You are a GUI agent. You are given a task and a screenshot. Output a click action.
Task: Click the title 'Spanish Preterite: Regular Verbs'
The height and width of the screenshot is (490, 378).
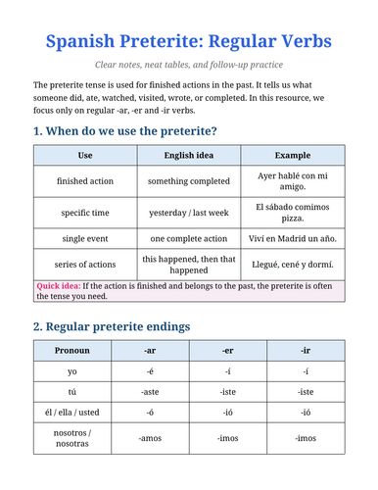tap(188, 42)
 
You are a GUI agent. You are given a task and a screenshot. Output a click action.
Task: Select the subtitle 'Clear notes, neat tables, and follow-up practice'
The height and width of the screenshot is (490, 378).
tap(188, 66)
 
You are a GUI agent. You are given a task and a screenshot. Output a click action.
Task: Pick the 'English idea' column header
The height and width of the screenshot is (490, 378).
tap(188, 155)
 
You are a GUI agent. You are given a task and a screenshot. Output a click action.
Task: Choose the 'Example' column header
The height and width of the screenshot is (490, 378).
tap(292, 155)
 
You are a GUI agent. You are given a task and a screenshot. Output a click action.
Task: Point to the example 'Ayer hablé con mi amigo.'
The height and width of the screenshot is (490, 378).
tap(292, 181)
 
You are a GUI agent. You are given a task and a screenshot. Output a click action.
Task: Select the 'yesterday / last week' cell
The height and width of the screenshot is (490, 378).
tap(188, 212)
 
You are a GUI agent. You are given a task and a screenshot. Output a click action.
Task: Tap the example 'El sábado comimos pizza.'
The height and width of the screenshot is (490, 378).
tap(292, 212)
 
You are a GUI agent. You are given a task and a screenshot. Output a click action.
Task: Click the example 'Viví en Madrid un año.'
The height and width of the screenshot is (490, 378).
tap(292, 239)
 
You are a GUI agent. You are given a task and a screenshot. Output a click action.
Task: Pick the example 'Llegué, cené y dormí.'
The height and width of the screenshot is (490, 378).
tap(292, 265)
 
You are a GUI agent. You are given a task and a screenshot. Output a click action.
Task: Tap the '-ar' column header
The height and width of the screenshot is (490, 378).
tap(150, 350)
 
